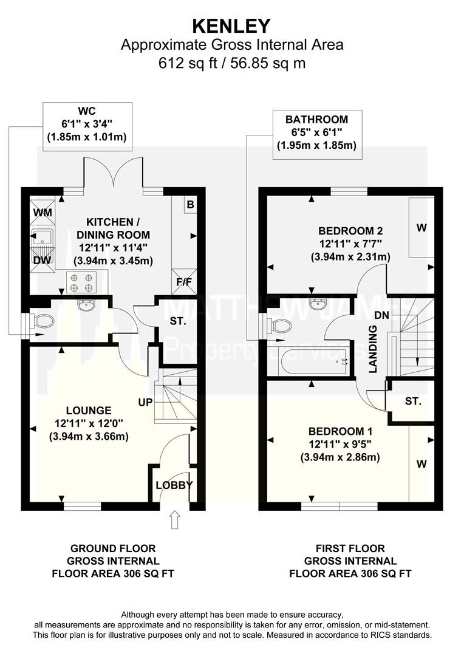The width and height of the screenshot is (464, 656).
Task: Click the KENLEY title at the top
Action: tap(231, 26)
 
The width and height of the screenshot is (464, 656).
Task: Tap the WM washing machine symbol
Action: tap(43, 212)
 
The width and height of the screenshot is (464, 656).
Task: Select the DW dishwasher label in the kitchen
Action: tap(42, 260)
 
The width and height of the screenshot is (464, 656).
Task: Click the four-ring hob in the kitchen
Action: tap(81, 282)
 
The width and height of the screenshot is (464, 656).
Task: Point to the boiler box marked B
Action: tap(190, 205)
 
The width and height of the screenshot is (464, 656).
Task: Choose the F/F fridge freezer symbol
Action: tap(184, 282)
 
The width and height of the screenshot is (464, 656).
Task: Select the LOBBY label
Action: tap(174, 485)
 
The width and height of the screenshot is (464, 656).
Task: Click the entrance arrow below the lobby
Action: tap(175, 519)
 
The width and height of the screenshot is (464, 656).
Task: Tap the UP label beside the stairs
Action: tap(146, 402)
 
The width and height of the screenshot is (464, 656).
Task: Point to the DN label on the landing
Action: tap(381, 315)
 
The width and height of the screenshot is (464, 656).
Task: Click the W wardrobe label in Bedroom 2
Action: tap(421, 228)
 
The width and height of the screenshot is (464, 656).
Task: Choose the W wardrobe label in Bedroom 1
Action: tap(421, 463)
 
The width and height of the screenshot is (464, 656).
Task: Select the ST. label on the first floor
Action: tap(414, 401)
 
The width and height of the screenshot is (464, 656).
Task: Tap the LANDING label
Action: tap(373, 349)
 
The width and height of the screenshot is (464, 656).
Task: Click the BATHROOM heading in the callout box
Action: tap(317, 119)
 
